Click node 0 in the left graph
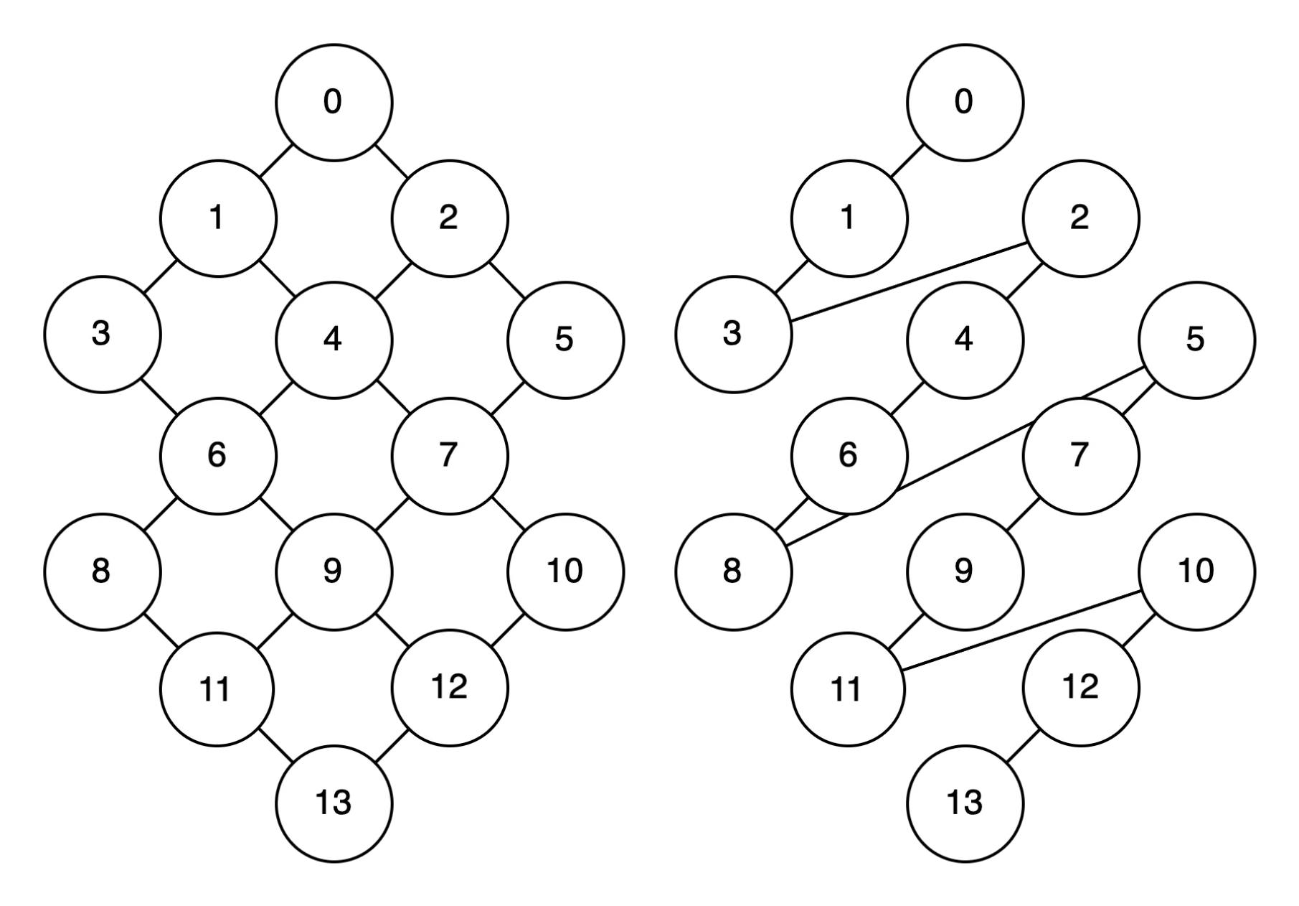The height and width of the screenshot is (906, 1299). point(334,102)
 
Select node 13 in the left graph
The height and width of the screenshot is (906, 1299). point(334,803)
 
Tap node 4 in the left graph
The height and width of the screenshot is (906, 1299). point(334,339)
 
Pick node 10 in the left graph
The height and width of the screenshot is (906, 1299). point(565,571)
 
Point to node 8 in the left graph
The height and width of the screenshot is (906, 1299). point(102,571)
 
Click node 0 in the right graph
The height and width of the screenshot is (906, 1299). point(965,102)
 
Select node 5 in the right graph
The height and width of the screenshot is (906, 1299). point(1196,339)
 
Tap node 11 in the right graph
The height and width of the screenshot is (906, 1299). point(848,689)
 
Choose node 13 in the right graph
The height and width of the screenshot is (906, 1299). point(965,803)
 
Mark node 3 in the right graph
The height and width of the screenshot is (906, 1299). point(733,334)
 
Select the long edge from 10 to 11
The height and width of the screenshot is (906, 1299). point(1022,630)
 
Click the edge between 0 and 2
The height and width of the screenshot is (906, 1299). point(392,160)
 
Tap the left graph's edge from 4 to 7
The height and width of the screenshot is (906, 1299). point(392,397)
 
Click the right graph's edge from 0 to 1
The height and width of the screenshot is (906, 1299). point(907,160)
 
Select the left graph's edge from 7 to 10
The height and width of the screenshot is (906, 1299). point(508,513)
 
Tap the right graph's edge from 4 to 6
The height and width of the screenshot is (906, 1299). point(907,397)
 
